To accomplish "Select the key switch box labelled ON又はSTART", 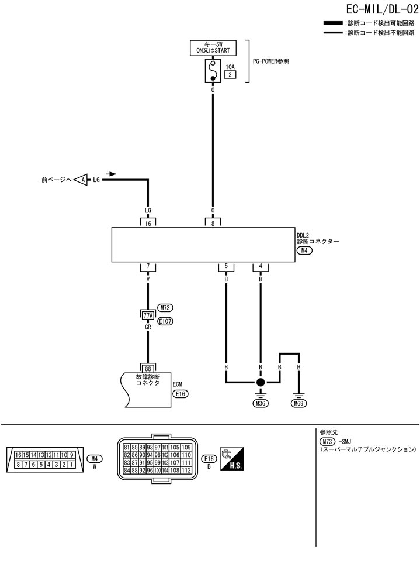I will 213,47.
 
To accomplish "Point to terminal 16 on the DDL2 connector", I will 148,223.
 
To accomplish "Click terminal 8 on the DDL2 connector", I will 213,223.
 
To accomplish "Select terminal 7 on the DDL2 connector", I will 148,267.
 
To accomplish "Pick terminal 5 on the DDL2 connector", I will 225,267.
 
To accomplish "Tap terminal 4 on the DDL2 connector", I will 261,267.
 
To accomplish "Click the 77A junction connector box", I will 148,315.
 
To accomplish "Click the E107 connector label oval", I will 166,321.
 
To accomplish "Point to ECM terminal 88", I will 148,368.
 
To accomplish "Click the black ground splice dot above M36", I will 261,382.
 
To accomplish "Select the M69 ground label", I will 298,403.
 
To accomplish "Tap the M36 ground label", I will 261,403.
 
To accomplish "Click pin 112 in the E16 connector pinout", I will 187,470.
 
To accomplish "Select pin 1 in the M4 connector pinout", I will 71,465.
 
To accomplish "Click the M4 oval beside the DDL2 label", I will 304,250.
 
